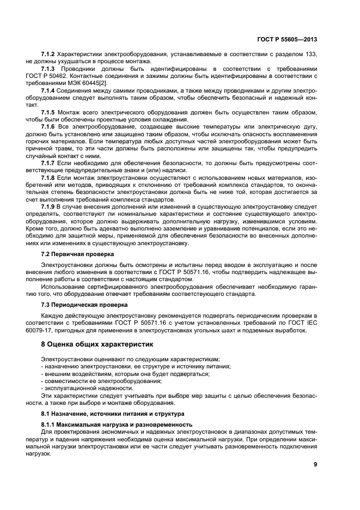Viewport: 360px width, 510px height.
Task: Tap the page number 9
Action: coord(315,465)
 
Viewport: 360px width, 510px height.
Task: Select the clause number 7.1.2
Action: coord(48,54)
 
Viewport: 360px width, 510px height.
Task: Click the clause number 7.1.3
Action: coord(48,69)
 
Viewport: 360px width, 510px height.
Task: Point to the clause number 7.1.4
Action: coord(48,90)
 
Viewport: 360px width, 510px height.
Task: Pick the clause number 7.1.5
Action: coord(48,111)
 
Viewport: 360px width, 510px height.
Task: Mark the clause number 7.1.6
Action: coord(48,126)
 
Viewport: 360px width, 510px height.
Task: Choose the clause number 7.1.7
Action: coord(48,162)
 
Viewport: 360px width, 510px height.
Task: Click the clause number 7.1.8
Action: coord(48,177)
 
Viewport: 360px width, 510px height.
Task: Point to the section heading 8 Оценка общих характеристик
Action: coord(98,344)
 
